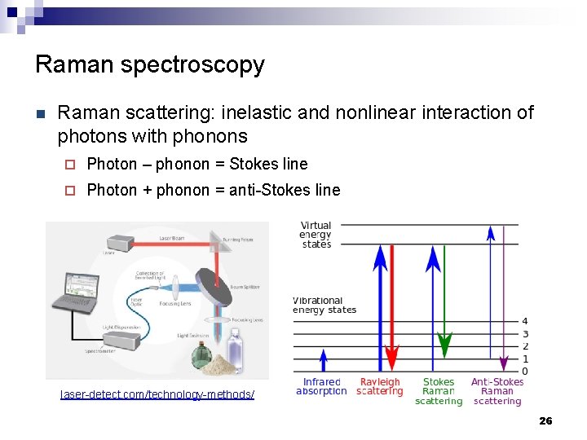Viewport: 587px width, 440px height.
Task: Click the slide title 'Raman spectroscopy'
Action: (150, 64)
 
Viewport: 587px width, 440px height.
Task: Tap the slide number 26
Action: (545, 420)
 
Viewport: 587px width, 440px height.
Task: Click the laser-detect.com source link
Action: (157, 394)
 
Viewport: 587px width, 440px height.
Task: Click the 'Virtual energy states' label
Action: (316, 235)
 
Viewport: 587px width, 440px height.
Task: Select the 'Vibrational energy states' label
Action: (324, 305)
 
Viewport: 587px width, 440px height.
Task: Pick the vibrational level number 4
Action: (524, 321)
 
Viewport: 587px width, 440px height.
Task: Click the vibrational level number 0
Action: (524, 372)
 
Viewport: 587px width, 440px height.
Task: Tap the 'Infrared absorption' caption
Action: (321, 387)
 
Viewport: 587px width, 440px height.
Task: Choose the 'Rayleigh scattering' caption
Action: (380, 387)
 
